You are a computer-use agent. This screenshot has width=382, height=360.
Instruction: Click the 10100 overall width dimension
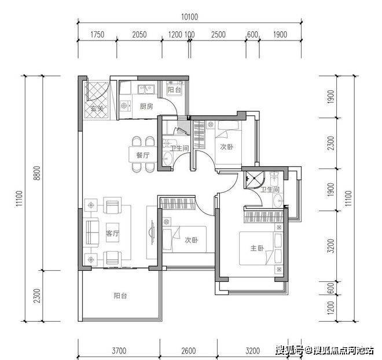click(x=189, y=17)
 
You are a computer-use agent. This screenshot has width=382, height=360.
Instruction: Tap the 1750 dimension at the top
click(x=97, y=35)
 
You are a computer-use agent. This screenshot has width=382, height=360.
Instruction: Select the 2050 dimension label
click(x=139, y=35)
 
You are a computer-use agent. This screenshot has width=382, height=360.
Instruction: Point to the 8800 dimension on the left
click(x=37, y=173)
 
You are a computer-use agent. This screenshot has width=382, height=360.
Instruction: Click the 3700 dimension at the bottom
click(x=119, y=351)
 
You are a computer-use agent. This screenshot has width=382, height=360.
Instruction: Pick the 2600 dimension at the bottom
click(x=189, y=351)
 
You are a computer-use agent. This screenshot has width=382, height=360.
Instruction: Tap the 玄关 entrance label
click(x=97, y=108)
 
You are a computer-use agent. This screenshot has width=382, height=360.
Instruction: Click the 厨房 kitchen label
click(x=146, y=106)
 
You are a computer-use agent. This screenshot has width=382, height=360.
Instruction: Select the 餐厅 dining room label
click(x=143, y=155)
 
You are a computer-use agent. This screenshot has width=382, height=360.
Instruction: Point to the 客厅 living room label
click(x=112, y=233)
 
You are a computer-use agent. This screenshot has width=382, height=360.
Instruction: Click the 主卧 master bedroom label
click(x=257, y=248)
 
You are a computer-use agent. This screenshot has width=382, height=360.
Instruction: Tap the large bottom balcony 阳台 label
click(x=120, y=296)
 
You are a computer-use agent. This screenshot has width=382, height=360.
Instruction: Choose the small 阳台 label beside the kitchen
click(x=174, y=90)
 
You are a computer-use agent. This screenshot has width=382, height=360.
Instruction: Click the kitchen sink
click(x=146, y=89)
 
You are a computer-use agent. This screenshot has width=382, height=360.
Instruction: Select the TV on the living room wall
click(x=152, y=232)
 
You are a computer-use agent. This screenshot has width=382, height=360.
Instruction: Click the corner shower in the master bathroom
click(x=254, y=180)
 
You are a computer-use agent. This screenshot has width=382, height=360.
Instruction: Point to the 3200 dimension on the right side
click(x=331, y=246)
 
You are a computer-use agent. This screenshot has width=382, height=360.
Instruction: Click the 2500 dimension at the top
click(x=218, y=35)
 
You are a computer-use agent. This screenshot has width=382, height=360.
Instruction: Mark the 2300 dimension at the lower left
click(x=37, y=296)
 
